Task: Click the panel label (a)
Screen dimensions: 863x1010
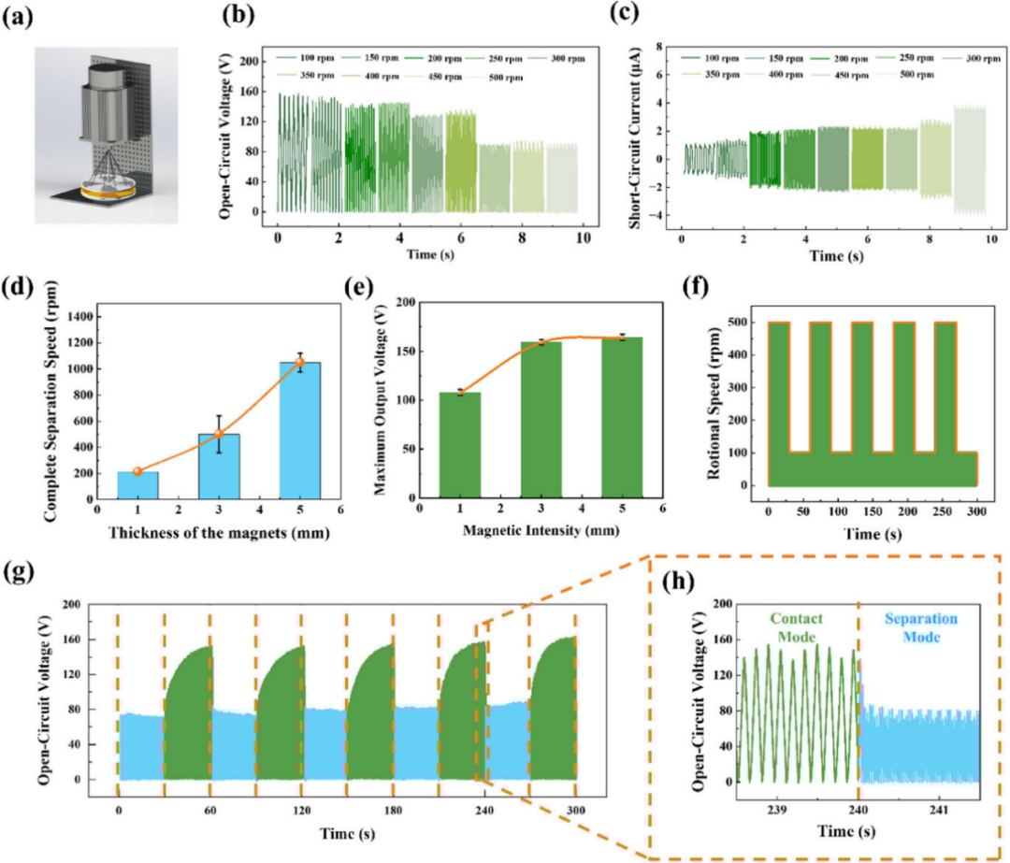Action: tap(22, 16)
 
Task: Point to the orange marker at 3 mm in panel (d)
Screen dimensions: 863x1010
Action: tap(219, 434)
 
